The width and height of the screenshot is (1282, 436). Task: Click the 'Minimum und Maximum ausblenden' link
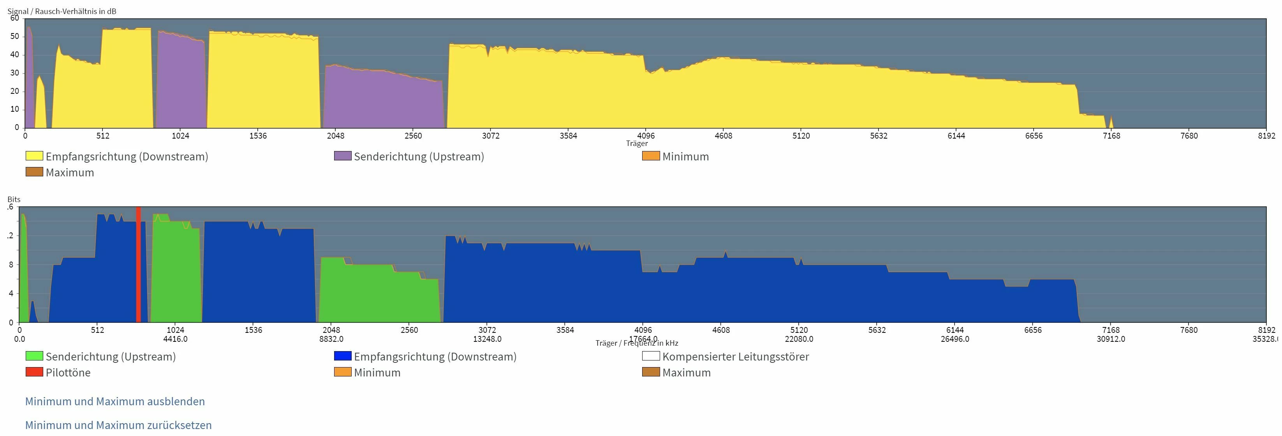click(x=115, y=401)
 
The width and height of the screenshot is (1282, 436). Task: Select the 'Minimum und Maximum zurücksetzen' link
click(x=118, y=425)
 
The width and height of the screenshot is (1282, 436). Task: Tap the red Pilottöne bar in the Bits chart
click(x=138, y=264)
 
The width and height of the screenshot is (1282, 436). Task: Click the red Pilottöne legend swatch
click(x=34, y=372)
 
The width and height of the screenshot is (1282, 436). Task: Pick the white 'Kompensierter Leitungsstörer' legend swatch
click(x=651, y=356)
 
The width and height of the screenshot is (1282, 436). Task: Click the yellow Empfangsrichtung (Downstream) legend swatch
click(x=34, y=156)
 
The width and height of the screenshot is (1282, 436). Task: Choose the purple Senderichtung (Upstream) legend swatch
click(x=342, y=156)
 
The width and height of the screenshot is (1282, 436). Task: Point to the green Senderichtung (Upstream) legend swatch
click(x=34, y=356)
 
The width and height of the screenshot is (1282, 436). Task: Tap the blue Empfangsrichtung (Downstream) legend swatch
click(x=342, y=356)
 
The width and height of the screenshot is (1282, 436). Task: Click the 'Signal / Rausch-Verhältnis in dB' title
click(x=62, y=11)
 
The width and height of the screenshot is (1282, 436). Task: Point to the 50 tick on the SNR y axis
click(x=14, y=36)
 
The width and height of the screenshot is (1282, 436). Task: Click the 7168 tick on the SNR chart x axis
click(x=1111, y=135)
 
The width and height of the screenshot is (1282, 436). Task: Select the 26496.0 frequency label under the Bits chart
click(x=954, y=339)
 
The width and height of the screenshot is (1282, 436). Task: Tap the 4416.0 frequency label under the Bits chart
click(x=175, y=339)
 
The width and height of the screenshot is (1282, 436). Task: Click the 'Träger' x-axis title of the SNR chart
click(x=636, y=143)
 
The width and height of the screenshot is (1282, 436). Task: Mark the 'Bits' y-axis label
click(x=14, y=199)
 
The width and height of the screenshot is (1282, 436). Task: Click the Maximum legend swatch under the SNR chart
click(x=34, y=172)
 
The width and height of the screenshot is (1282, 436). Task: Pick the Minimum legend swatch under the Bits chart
click(x=342, y=372)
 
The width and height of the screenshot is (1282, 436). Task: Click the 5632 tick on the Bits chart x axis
click(x=877, y=329)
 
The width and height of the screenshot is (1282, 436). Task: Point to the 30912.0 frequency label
click(x=1110, y=339)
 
